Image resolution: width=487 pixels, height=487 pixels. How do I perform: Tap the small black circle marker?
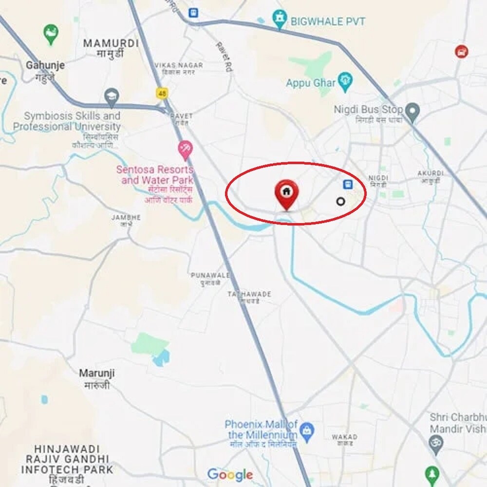tap(341, 201)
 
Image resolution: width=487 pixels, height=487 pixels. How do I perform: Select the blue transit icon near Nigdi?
tap(348, 184)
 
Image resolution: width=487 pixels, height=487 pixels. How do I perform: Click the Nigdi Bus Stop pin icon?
tap(412, 112)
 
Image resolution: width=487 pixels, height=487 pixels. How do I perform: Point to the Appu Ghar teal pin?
tap(345, 81)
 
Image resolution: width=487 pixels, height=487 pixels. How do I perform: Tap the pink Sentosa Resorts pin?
tap(185, 150)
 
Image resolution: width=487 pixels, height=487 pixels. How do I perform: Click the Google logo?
tap(230, 474)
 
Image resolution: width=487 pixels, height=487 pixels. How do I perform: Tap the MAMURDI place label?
tap(111, 43)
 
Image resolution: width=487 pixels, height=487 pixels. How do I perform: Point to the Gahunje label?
tap(45, 65)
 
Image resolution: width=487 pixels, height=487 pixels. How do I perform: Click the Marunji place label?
tap(97, 374)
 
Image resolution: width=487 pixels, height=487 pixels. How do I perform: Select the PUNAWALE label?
tap(210, 275)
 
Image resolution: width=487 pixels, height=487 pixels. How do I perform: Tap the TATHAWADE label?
tap(249, 294)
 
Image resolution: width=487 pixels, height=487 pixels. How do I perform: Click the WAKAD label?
tap(344, 437)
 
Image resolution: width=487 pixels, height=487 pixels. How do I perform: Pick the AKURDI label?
tap(431, 173)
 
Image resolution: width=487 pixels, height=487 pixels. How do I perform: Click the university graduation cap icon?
tap(112, 96)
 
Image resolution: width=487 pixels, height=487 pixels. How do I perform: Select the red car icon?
tap(461, 51)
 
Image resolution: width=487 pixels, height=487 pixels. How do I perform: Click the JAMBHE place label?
tap(126, 217)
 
